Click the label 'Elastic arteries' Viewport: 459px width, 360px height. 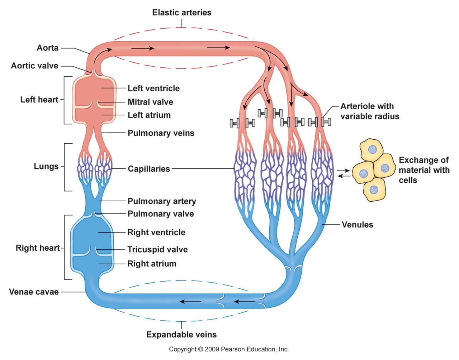(x=182, y=13)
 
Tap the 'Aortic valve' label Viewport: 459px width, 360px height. (x=34, y=66)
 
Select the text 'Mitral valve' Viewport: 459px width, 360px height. (x=150, y=102)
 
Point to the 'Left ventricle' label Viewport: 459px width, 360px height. (x=153, y=88)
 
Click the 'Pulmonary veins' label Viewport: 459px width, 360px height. (x=161, y=133)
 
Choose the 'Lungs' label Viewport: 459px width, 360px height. (x=46, y=167)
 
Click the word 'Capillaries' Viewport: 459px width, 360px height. (x=149, y=169)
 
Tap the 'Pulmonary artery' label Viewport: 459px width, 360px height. (x=162, y=201)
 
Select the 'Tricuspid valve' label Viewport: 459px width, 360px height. (x=157, y=250)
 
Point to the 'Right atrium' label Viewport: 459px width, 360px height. (x=152, y=264)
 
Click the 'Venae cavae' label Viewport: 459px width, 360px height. (x=34, y=292)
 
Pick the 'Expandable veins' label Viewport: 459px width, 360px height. (x=181, y=335)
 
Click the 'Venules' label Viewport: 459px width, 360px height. (x=357, y=225)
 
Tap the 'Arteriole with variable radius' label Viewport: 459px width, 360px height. (x=369, y=111)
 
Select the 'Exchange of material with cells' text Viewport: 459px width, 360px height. (x=423, y=170)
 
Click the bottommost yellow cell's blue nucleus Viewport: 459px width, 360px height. (x=374, y=190)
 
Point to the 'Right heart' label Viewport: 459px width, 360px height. (x=37, y=248)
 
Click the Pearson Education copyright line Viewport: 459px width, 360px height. (x=229, y=349)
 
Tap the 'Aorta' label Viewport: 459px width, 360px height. (x=47, y=48)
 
